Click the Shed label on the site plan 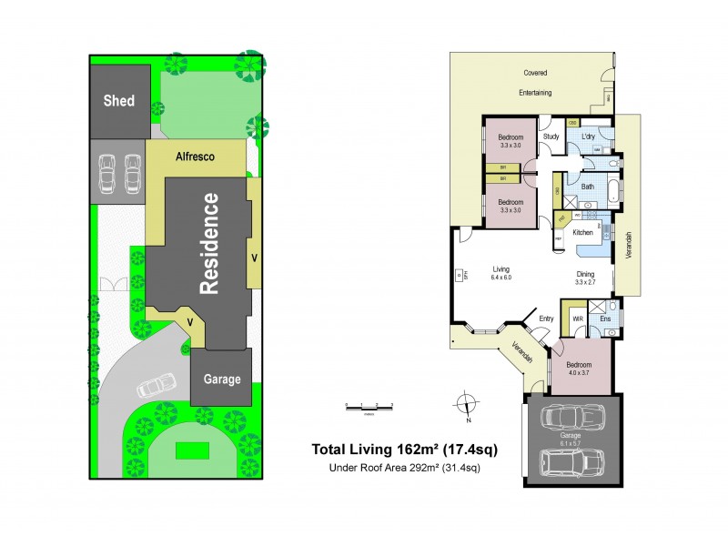(x=118, y=100)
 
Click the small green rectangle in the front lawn (x=190, y=450)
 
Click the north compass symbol (x=466, y=403)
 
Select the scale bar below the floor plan (x=369, y=407)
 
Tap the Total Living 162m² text (x=404, y=449)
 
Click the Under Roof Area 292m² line (x=404, y=468)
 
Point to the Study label (x=551, y=137)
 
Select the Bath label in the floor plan (x=588, y=187)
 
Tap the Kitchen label (x=582, y=233)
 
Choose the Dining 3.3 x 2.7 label (x=585, y=278)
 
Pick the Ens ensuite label (x=606, y=319)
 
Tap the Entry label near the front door (x=546, y=318)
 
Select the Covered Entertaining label (x=535, y=82)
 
